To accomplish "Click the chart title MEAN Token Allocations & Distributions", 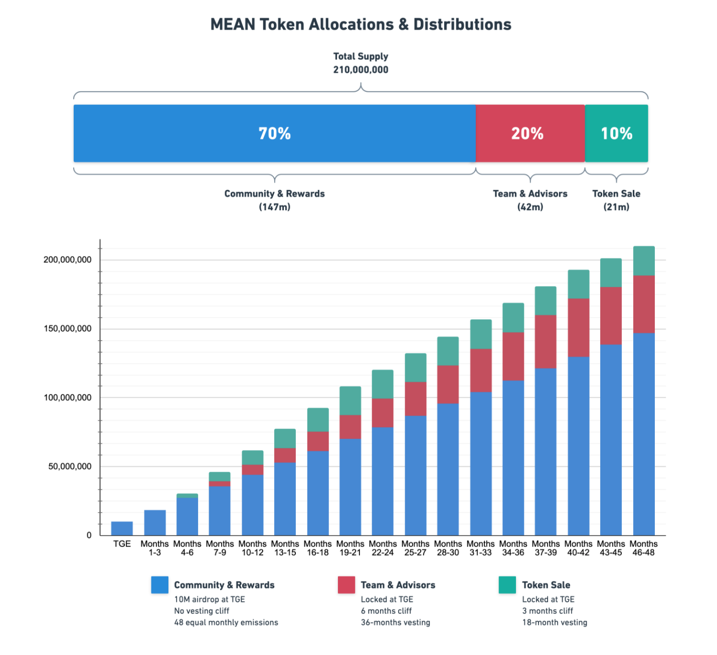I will point(361,25).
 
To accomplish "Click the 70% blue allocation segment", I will point(274,133).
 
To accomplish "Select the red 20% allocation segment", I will point(529,133).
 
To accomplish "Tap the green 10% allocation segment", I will point(616,133).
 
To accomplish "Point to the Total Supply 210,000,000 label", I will point(361,63).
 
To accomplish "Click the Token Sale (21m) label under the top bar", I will point(616,200).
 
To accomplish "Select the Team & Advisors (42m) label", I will point(530,200).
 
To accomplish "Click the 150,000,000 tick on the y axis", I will point(67,329).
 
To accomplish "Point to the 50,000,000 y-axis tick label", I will point(70,466).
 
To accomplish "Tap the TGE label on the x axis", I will point(122,544).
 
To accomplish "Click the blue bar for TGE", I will point(122,529).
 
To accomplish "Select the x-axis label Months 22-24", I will point(383,548).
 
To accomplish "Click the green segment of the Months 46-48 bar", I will point(644,261).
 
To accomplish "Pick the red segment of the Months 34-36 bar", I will point(513,356).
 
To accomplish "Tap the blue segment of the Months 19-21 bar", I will point(350,486).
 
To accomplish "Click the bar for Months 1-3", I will point(154,523).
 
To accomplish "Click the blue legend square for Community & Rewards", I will point(160,585).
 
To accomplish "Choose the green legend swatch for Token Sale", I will point(507,585).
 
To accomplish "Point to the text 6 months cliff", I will point(386,611).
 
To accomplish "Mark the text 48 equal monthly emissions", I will point(226,622).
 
